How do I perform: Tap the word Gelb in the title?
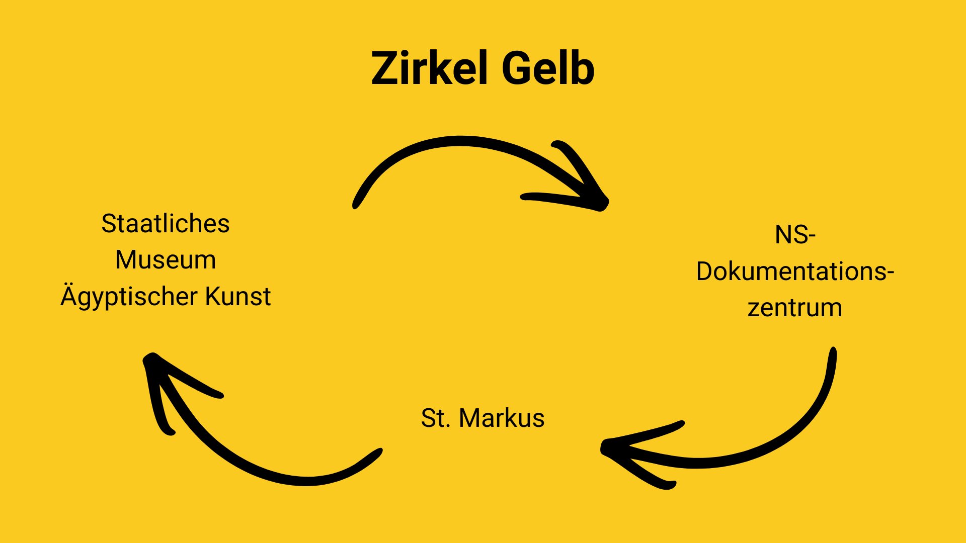tap(548, 68)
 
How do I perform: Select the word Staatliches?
tap(165, 224)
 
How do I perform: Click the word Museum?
tap(165, 260)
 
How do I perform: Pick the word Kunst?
tap(238, 296)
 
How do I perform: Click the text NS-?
tap(794, 235)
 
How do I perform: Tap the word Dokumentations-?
tap(794, 271)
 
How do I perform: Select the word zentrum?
tap(794, 308)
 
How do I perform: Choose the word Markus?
tap(501, 418)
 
